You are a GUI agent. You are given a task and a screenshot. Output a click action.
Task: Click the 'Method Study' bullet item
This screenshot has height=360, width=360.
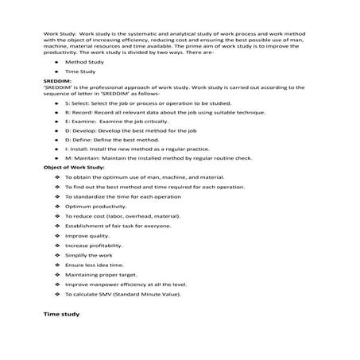pyautogui.click(x=84, y=60)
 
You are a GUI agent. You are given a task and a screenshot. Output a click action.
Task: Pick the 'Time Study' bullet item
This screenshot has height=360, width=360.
pyautogui.click(x=80, y=72)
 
